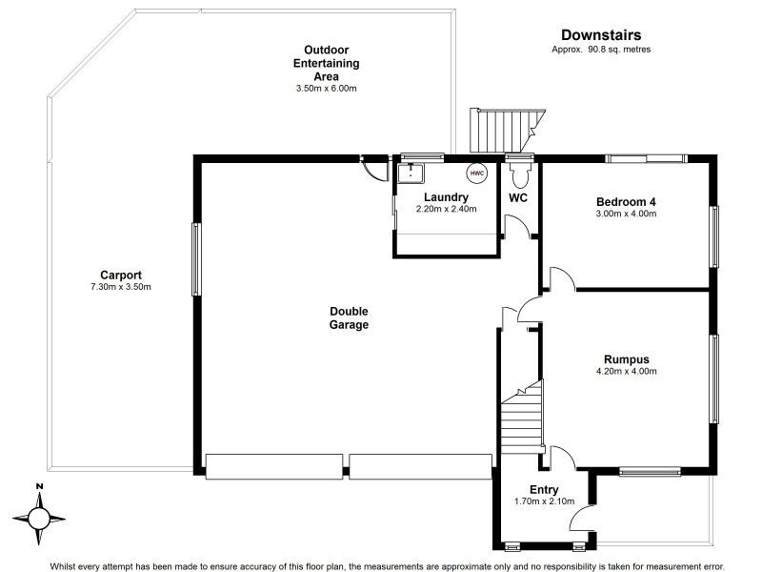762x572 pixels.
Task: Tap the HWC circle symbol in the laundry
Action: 476,174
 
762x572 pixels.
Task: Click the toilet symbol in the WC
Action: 519,177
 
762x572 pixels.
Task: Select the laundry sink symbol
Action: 411,173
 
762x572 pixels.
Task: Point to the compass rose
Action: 39,518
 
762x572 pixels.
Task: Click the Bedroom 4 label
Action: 626,201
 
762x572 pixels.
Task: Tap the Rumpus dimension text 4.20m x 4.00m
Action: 626,372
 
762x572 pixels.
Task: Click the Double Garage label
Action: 349,317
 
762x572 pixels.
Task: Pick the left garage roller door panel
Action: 274,465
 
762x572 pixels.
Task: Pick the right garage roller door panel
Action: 419,465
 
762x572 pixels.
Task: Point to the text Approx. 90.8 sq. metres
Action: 601,50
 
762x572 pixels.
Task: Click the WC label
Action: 518,198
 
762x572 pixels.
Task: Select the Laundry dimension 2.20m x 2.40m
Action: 446,209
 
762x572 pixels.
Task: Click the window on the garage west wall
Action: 196,258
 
